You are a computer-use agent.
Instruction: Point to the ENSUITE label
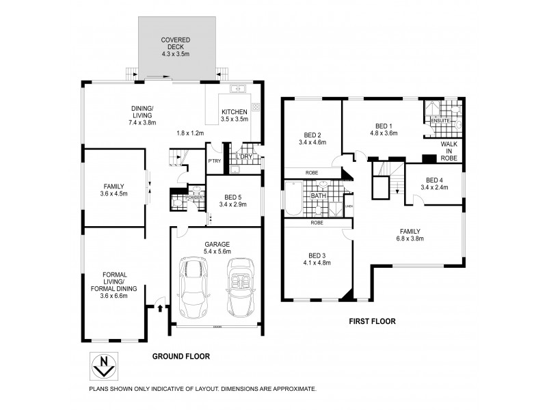[439, 121]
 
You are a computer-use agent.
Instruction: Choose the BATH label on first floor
[319, 196]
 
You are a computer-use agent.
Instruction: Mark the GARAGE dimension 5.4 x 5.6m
[215, 251]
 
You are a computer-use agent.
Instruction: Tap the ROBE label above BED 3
[317, 223]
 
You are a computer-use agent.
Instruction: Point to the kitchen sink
[239, 88]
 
